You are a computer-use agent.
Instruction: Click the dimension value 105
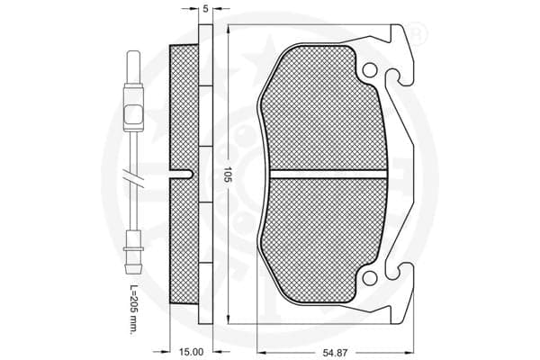pyautogui.click(x=227, y=175)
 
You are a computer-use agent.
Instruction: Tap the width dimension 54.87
pyautogui.click(x=335, y=353)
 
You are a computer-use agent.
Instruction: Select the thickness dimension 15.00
pyautogui.click(x=191, y=352)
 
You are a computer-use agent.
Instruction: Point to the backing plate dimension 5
pyautogui.click(x=205, y=9)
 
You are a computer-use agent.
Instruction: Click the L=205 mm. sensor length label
pyautogui.click(x=133, y=309)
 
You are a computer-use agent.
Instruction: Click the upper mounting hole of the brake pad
pyautogui.click(x=369, y=70)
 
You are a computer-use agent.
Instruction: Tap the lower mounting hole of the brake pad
pyautogui.click(x=369, y=278)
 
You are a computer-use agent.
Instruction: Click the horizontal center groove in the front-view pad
pyautogui.click(x=328, y=175)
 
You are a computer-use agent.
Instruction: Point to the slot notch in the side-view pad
pyautogui.click(x=182, y=175)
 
